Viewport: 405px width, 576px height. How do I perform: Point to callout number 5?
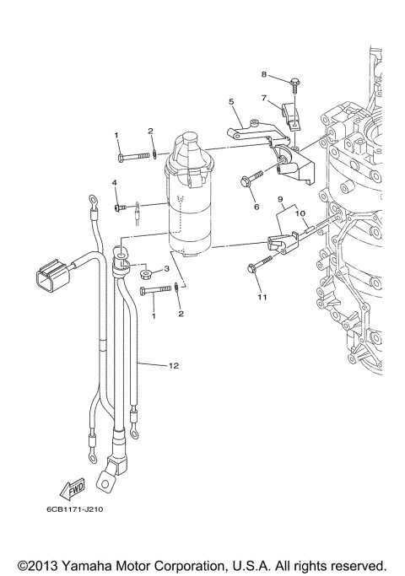230,101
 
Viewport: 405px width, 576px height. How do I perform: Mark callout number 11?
262,298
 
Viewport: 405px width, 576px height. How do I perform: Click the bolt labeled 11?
255,269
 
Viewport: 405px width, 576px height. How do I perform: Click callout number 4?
115,183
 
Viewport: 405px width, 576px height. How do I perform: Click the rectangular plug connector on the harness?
52,277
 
